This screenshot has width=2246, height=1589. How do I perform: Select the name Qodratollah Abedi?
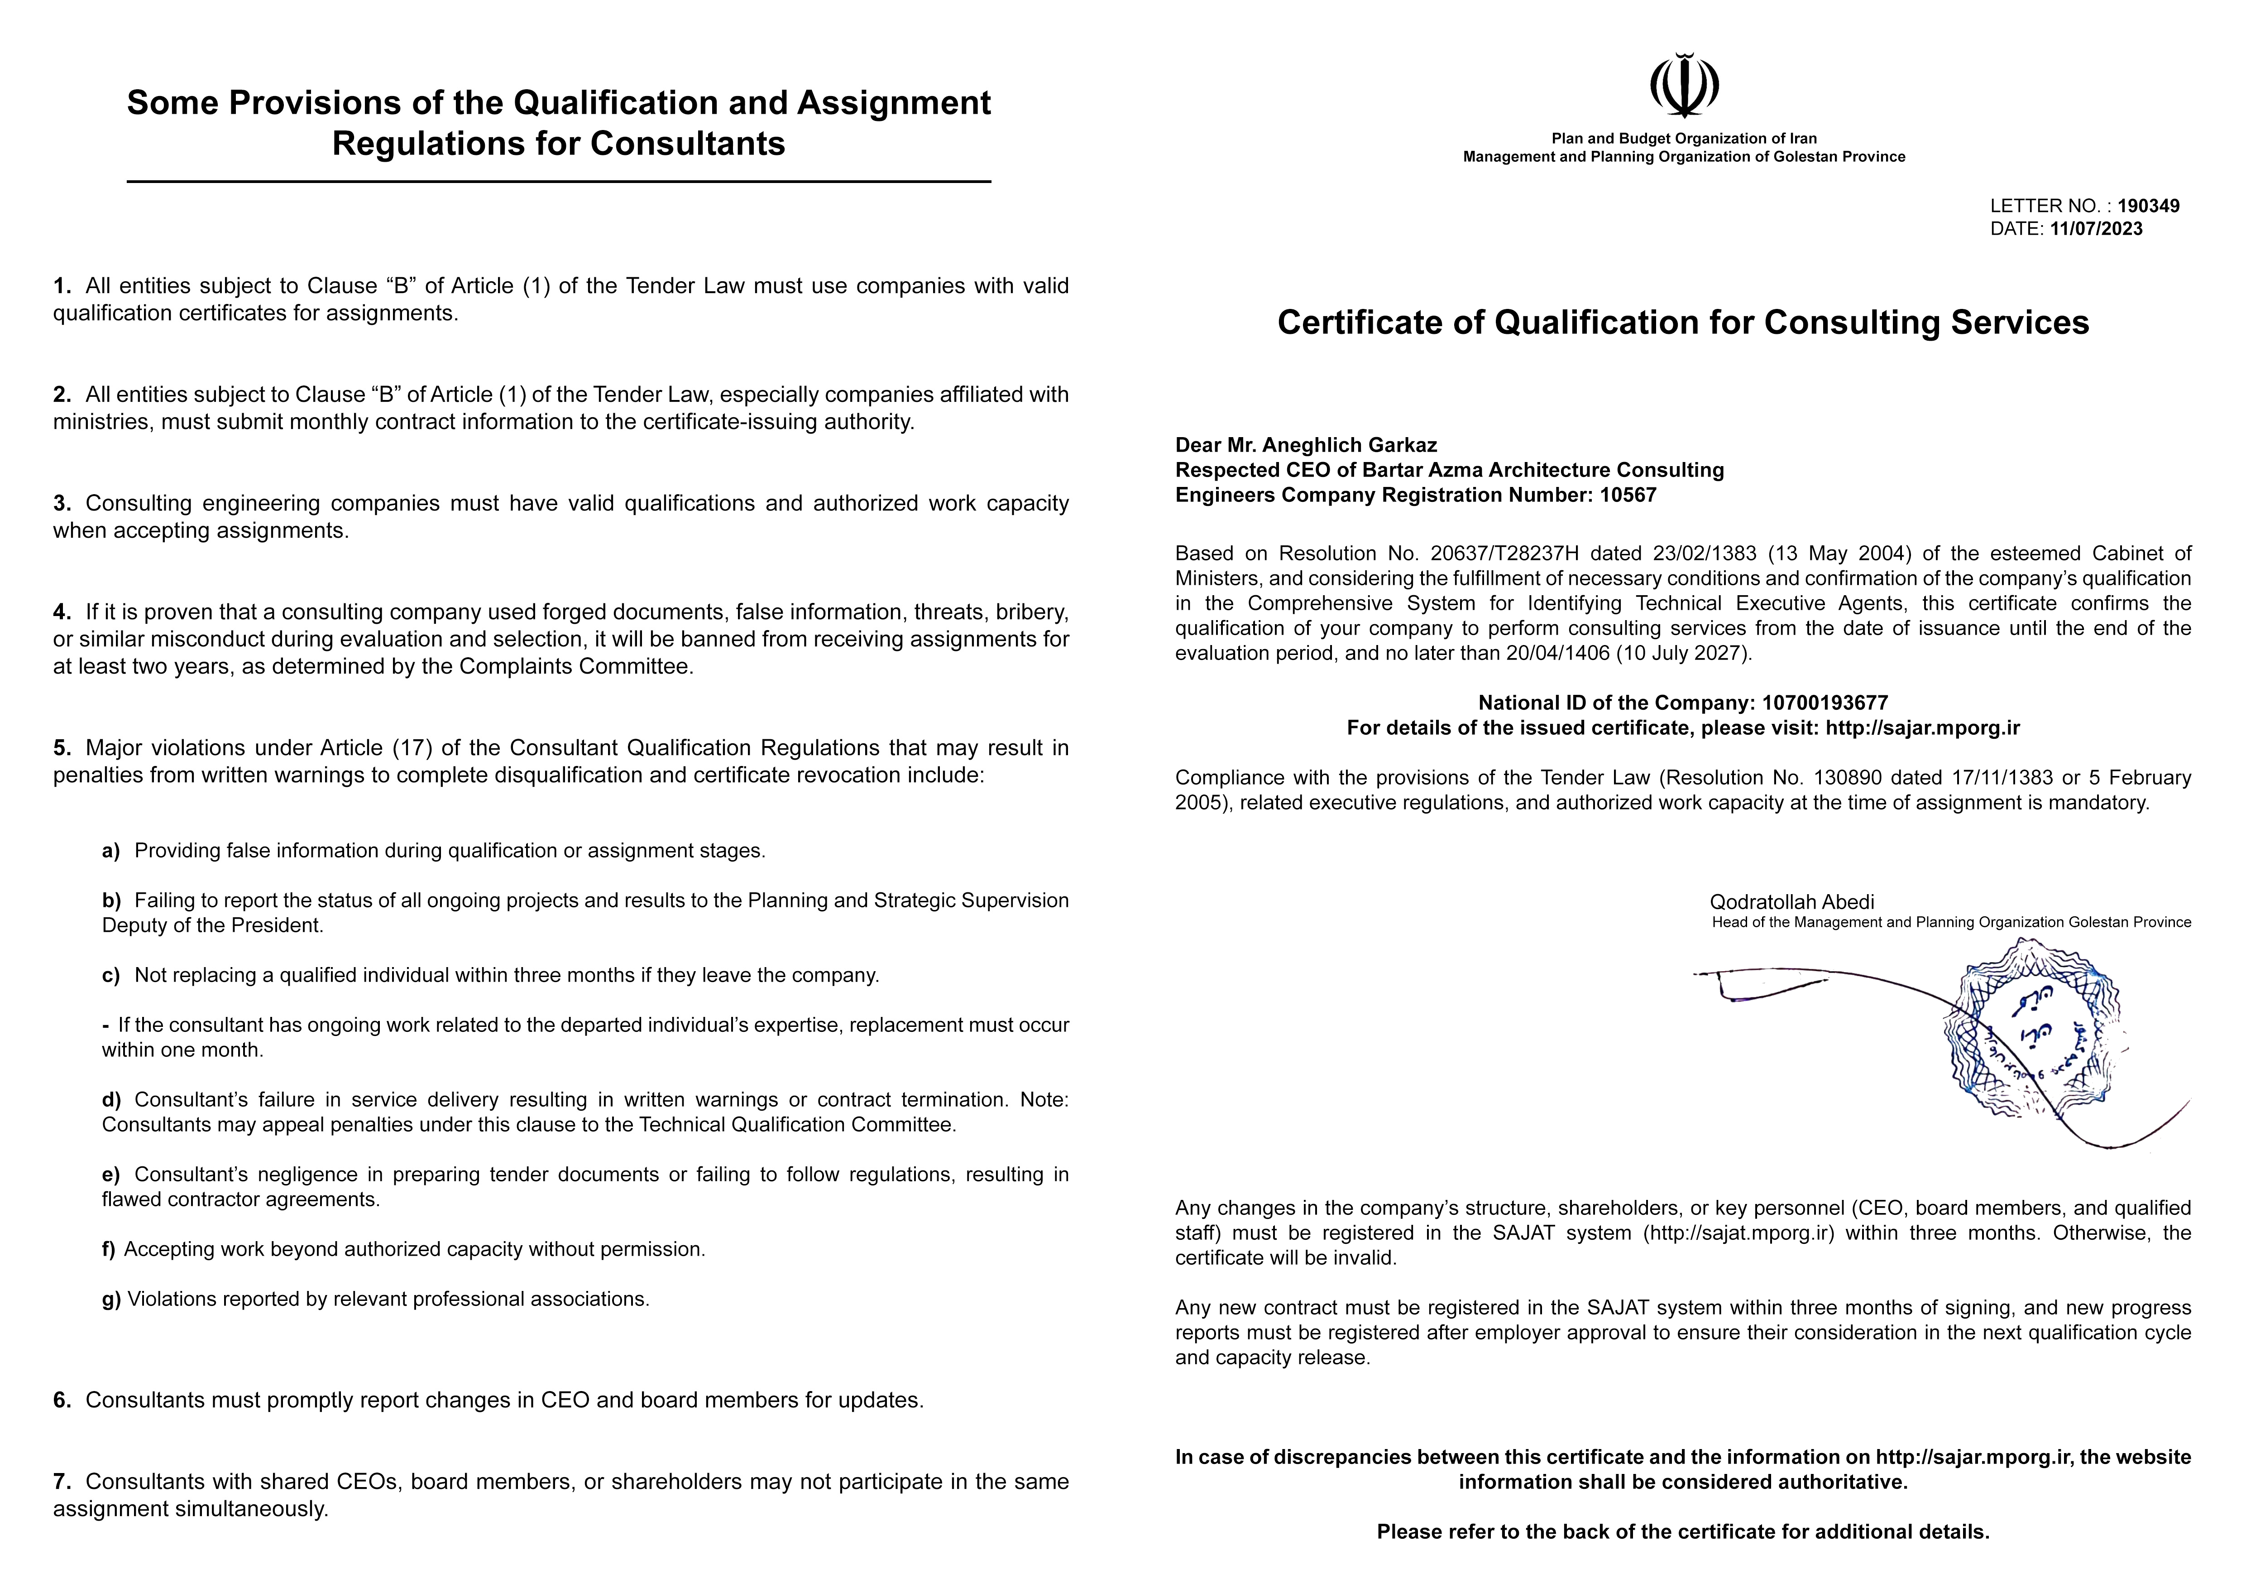tap(1791, 902)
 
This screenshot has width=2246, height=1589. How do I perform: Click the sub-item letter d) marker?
tap(110, 1100)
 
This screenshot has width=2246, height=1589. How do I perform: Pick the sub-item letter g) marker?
tap(110, 1300)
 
